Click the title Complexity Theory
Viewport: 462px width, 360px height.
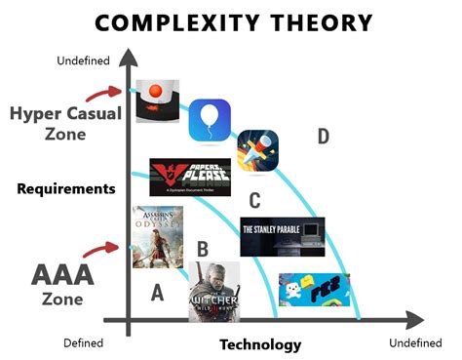[x=231, y=20]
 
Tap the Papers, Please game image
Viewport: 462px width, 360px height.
[x=190, y=177]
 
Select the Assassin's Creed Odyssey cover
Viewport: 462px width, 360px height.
[x=157, y=237]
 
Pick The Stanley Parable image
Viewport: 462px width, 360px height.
[x=282, y=236]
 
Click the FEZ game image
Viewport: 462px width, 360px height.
[x=314, y=290]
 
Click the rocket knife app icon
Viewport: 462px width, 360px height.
[x=258, y=149]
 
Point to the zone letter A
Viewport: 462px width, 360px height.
[x=157, y=292]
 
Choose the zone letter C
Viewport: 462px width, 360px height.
[x=255, y=201]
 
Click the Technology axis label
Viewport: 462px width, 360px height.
[x=260, y=344]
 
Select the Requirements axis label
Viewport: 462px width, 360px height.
[x=66, y=188]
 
